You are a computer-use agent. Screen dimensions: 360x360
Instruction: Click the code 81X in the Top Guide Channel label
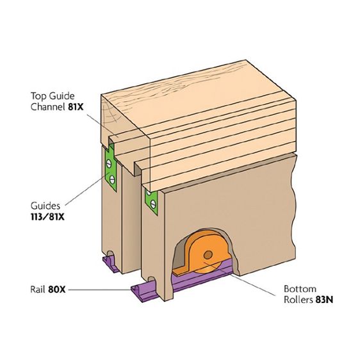76,107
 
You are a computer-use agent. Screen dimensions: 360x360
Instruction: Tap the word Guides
45,206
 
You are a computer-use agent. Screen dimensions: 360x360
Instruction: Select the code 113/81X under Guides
47,217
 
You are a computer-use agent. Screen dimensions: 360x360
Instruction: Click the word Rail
38,290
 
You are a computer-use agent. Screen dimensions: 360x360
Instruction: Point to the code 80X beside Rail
57,290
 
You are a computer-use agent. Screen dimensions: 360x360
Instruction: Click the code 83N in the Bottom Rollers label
324,300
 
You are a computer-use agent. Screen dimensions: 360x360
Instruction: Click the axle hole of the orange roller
208,254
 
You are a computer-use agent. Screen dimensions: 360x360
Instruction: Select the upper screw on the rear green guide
109,163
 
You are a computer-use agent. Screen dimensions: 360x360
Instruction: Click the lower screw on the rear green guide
112,179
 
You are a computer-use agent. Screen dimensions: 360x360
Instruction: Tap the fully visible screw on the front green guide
153,204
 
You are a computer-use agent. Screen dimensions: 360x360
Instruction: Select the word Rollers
299,300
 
